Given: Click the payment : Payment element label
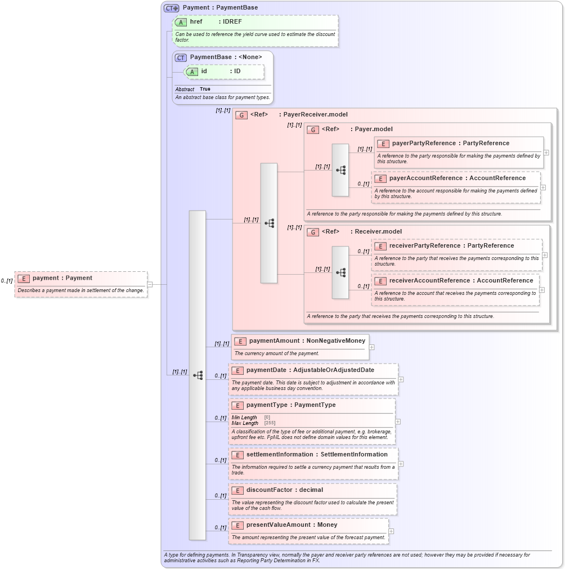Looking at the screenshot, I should coord(62,278).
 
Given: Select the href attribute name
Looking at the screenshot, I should coord(196,22).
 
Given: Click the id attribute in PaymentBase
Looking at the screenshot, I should coord(204,71).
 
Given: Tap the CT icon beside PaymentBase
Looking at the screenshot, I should coord(181,57).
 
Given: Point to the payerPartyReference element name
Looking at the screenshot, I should coord(424,144).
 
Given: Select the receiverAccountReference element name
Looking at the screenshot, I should coord(429,281).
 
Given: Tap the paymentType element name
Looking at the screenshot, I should coord(267,405).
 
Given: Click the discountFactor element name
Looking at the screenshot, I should coord(269,490).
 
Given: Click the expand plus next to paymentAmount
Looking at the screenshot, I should coord(371,347).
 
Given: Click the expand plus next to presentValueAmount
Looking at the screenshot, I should coord(391,531).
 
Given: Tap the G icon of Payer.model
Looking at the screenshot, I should coord(313,129).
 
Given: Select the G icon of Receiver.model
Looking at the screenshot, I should coord(313,232).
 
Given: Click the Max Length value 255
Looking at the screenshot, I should coord(270,423).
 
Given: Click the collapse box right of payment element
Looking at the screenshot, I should coord(150,284).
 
